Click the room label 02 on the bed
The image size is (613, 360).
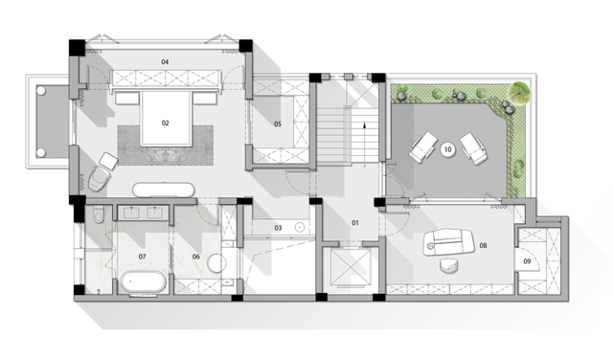(x=166, y=124)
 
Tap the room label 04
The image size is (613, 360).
(x=165, y=62)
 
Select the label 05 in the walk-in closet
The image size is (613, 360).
(x=278, y=124)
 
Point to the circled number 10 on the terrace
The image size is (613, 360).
(x=447, y=149)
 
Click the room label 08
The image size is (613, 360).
(x=483, y=245)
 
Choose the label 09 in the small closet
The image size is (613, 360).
(x=527, y=261)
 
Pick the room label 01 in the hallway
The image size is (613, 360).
(x=355, y=223)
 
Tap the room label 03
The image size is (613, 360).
(x=278, y=228)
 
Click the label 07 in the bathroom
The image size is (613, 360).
(x=143, y=257)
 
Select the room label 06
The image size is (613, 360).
(x=196, y=257)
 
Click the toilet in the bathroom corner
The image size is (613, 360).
(x=98, y=215)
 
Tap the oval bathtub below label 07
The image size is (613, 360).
(x=143, y=281)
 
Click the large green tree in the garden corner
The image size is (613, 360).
(x=518, y=93)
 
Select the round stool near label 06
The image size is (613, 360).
(x=216, y=263)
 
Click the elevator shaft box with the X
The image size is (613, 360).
(x=351, y=268)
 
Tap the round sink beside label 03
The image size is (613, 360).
(x=300, y=227)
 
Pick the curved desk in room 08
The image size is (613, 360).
(x=449, y=241)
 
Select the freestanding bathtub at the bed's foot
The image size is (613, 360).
(x=164, y=190)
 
